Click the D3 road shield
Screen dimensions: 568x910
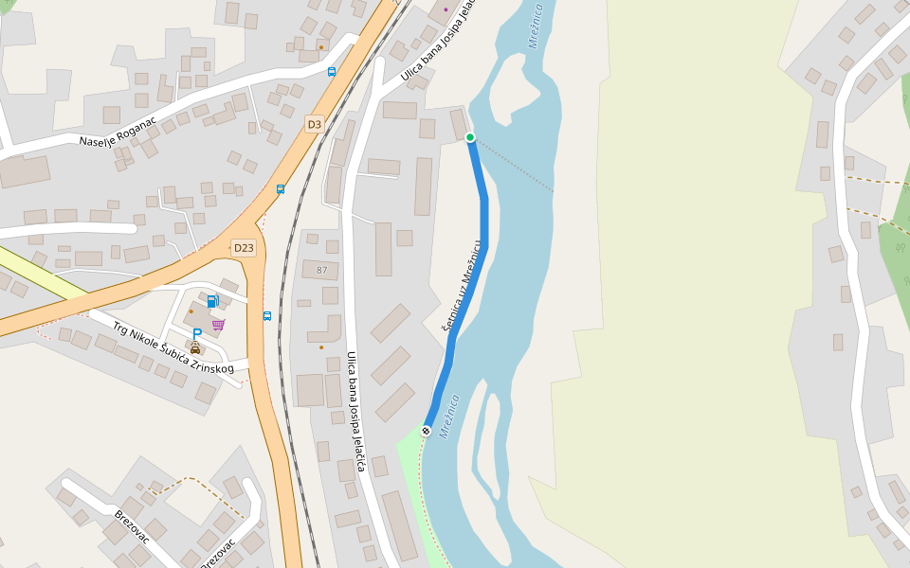(315, 124)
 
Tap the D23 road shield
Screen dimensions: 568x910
(245, 248)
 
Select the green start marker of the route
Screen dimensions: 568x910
(470, 137)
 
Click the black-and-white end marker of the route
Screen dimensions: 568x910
(427, 431)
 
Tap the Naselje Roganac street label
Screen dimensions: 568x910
(124, 136)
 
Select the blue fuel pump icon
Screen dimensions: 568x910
(212, 301)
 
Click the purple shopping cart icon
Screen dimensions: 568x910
(219, 324)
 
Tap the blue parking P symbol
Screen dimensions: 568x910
(197, 333)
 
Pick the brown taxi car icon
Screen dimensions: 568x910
(195, 348)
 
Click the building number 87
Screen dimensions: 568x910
(321, 271)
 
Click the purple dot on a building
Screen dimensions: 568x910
(446, 9)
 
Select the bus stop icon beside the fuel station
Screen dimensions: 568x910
(267, 315)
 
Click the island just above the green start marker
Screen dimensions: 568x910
(512, 85)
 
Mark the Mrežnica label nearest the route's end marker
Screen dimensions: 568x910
(449, 415)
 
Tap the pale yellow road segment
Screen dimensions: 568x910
(38, 275)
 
